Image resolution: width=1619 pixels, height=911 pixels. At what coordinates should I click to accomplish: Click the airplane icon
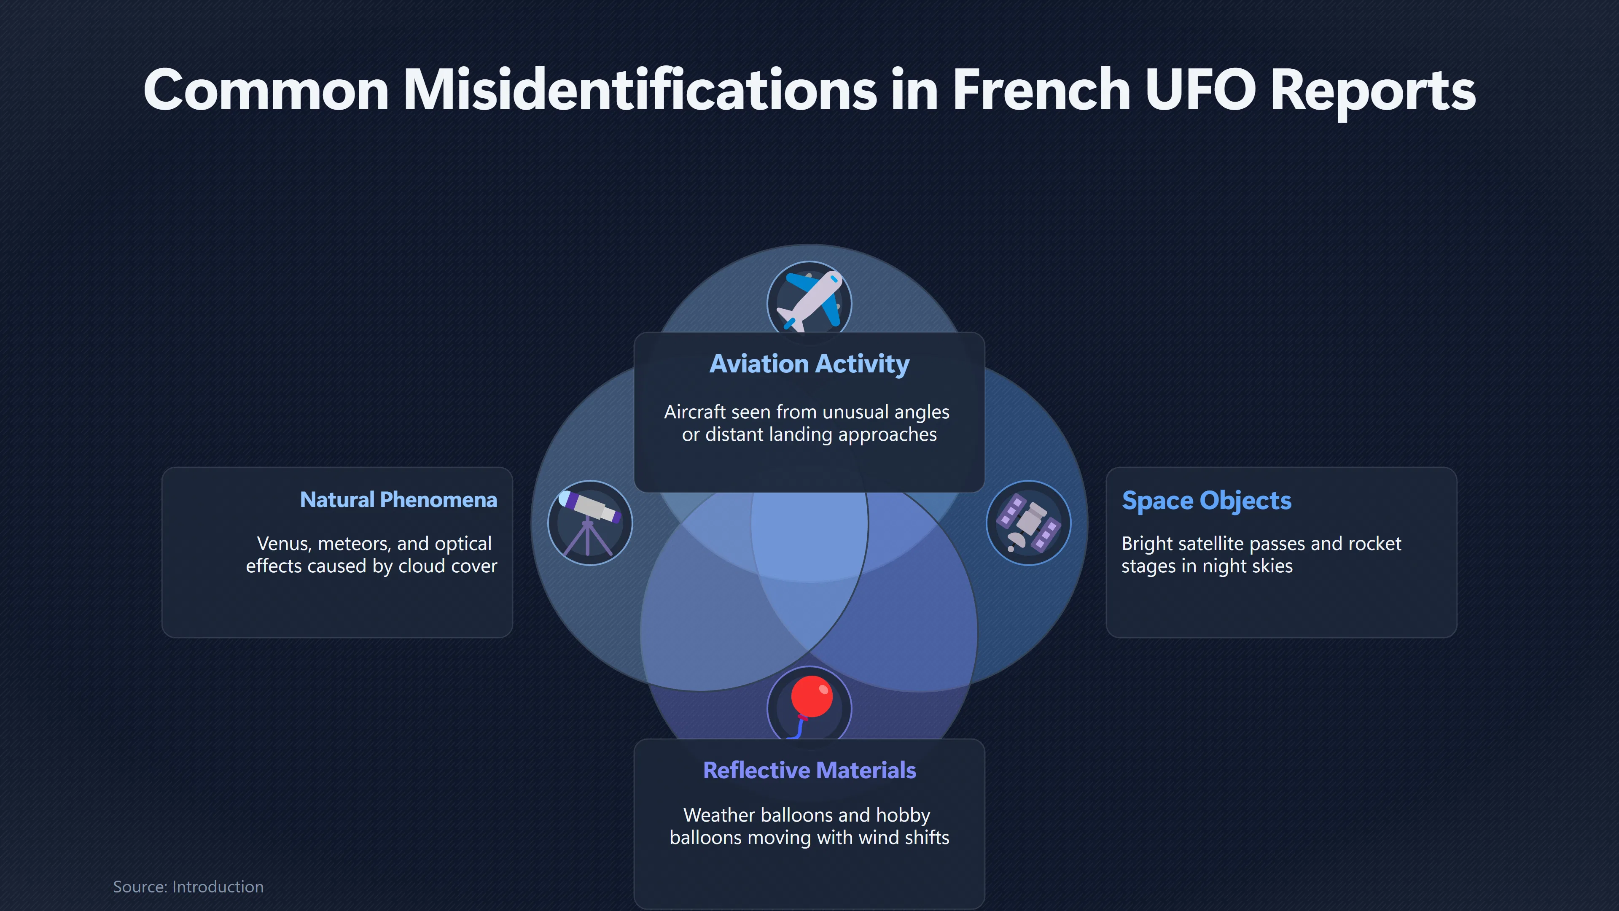coord(809,301)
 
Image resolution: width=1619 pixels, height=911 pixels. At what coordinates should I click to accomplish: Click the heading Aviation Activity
coord(809,364)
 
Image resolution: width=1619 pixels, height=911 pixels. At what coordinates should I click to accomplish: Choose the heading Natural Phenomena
coord(398,500)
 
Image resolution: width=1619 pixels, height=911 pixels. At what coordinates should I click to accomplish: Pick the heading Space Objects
coord(1207,501)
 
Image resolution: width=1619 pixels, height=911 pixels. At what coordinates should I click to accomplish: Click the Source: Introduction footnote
coord(188,887)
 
